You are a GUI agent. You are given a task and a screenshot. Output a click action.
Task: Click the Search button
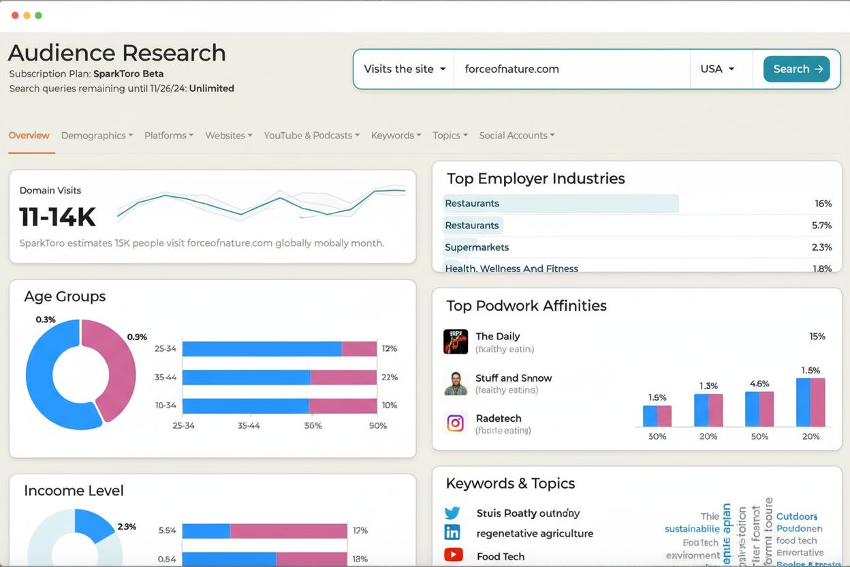tap(796, 69)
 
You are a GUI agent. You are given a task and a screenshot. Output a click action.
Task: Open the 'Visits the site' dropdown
tap(404, 69)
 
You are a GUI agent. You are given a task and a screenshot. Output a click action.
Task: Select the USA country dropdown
tap(717, 69)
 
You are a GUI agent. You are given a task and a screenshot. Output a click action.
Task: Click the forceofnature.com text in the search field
tap(511, 69)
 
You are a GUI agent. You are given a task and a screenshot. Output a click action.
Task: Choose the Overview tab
tap(29, 136)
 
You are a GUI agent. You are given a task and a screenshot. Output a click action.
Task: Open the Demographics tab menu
tap(97, 136)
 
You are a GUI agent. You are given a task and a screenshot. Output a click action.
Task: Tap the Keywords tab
tap(396, 136)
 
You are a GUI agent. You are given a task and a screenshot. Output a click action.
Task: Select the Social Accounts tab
tap(516, 136)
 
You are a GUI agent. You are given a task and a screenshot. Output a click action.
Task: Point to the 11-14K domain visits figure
tap(57, 217)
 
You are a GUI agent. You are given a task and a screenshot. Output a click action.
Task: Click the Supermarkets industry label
tap(477, 247)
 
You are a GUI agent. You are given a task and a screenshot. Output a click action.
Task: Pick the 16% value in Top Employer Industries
tap(823, 204)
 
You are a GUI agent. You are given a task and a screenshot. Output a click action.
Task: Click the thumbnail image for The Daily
tap(456, 341)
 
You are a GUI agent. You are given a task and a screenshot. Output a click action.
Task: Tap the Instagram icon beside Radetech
tap(456, 423)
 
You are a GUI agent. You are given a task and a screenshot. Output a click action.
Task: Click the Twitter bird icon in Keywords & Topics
tap(452, 513)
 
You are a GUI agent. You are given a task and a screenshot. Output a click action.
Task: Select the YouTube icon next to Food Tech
tap(452, 555)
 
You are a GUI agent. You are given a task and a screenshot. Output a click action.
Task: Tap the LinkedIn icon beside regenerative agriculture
tap(452, 533)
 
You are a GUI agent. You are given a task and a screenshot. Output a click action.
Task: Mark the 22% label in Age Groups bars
tap(390, 377)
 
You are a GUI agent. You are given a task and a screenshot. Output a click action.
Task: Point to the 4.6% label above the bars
tap(759, 384)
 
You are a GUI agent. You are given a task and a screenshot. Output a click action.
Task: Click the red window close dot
tap(15, 15)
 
